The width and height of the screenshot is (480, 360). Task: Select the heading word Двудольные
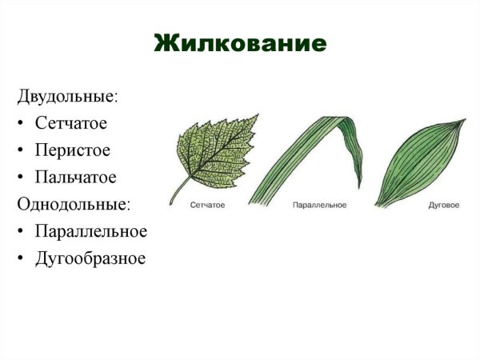67,97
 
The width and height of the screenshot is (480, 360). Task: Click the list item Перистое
72,150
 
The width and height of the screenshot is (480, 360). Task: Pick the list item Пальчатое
76,177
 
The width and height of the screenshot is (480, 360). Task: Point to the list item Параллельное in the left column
90,231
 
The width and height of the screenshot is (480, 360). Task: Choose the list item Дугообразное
90,258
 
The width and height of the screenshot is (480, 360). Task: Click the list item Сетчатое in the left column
71,123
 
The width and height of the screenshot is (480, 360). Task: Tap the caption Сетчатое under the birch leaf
207,206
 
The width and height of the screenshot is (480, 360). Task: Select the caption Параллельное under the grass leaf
319,206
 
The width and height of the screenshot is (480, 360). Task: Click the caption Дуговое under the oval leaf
444,206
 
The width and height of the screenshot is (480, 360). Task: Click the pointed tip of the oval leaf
464,121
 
